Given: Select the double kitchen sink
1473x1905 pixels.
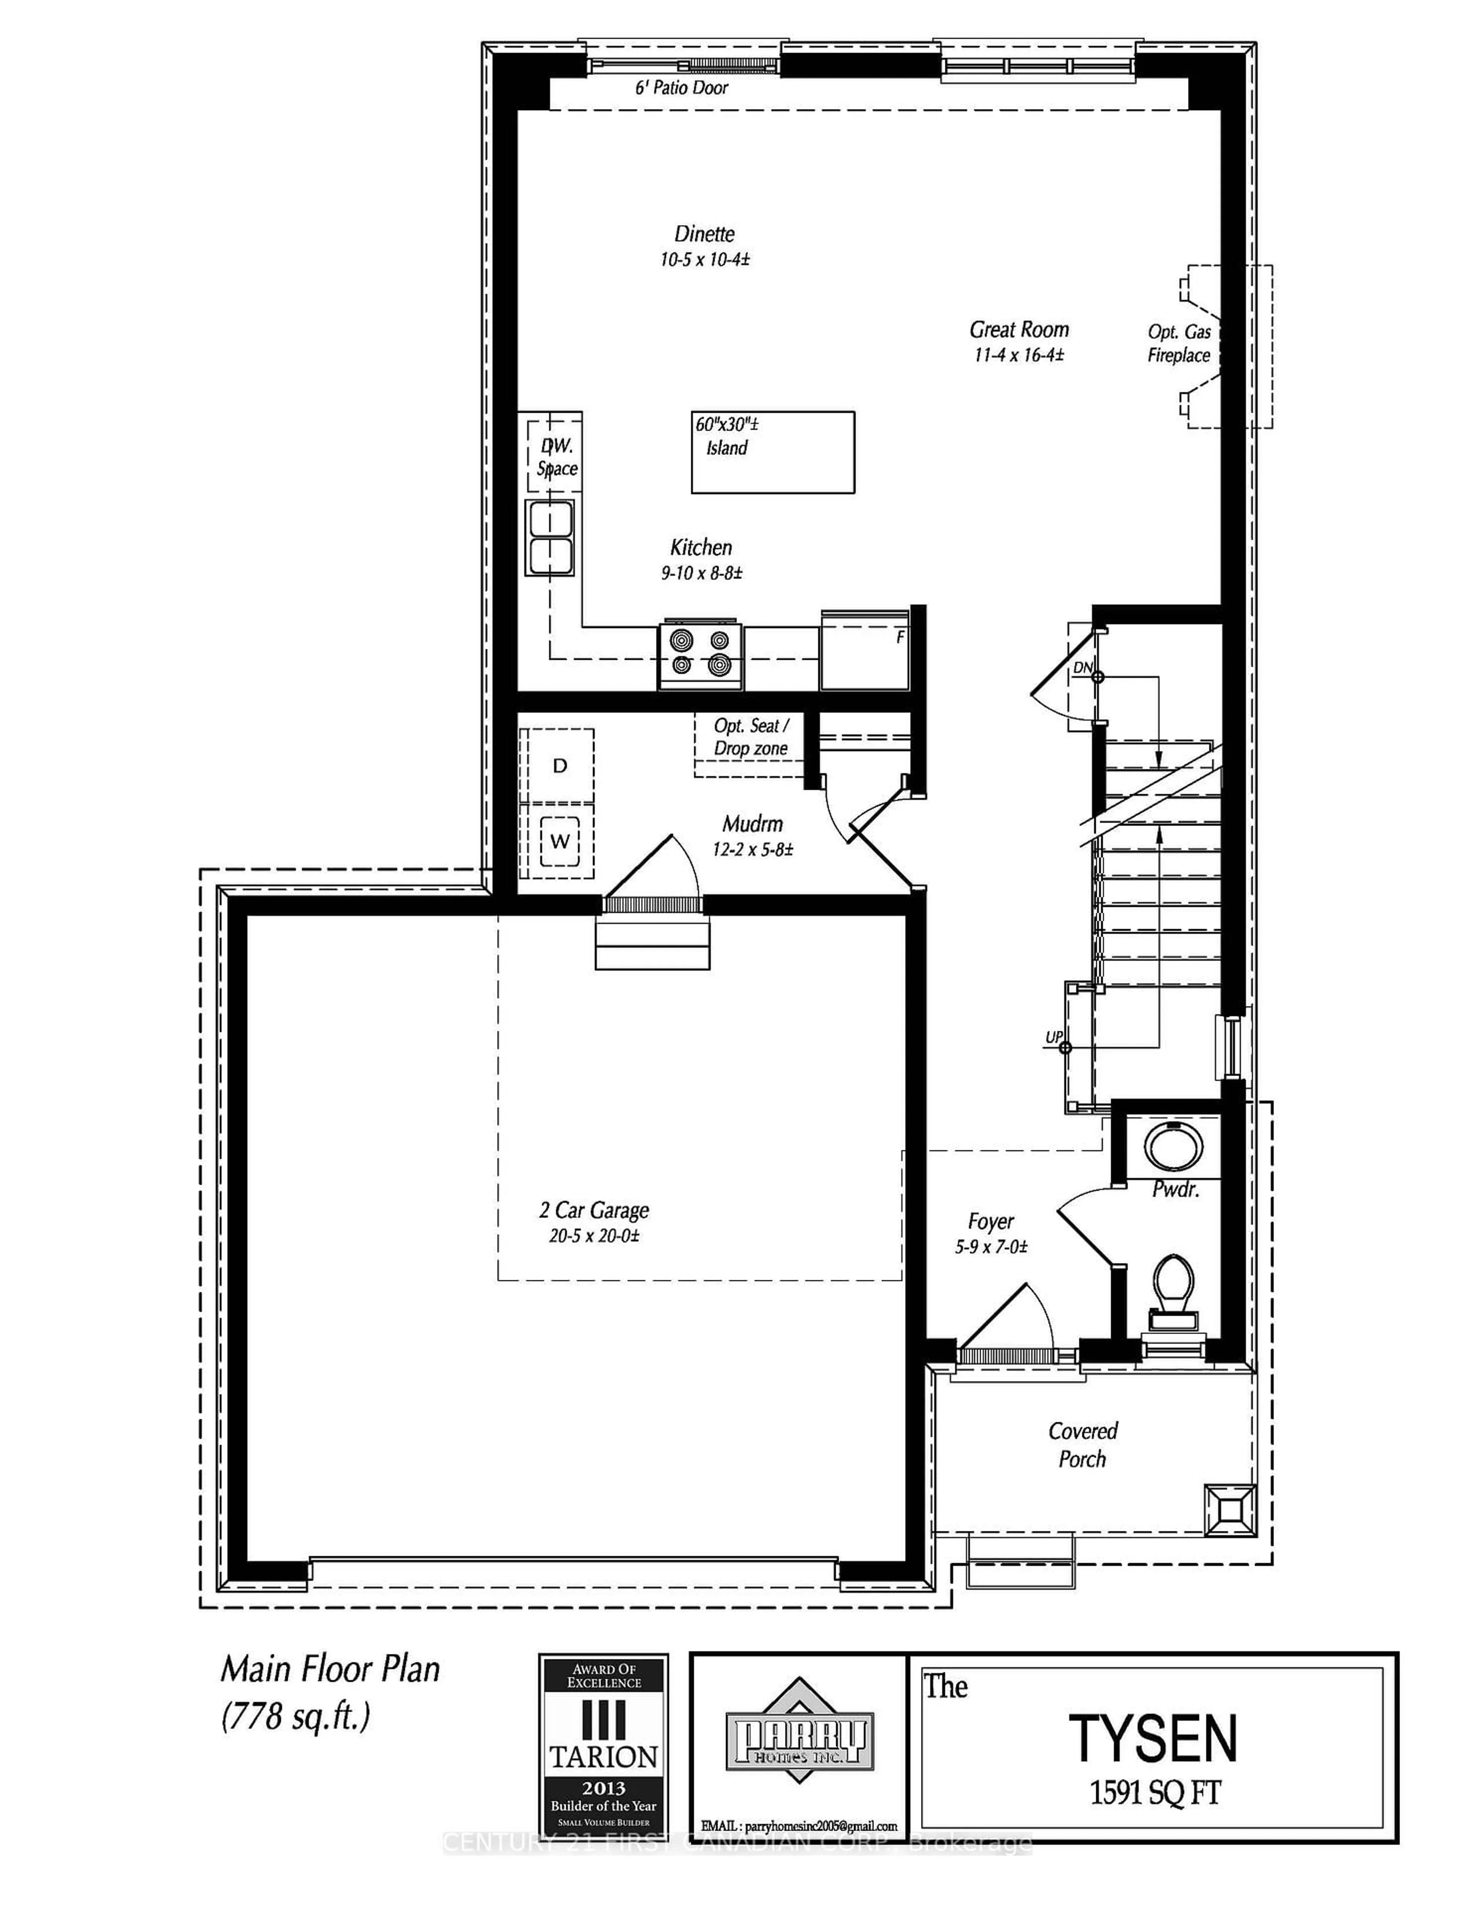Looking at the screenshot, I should click(549, 537).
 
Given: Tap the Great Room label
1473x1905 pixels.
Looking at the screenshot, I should click(1018, 330).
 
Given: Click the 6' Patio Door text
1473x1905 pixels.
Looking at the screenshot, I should click(680, 87).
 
